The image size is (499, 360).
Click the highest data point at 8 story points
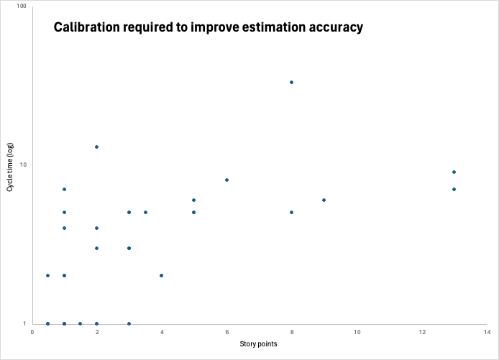tap(291, 82)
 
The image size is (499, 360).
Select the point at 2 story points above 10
tap(96, 147)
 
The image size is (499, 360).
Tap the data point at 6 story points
tap(226, 180)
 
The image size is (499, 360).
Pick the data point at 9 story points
tap(324, 200)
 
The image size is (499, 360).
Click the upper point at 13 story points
tap(454, 172)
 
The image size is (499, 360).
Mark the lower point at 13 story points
tap(454, 189)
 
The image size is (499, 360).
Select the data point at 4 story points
tap(161, 275)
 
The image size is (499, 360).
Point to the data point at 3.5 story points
tap(145, 212)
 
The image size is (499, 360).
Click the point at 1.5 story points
tap(80, 323)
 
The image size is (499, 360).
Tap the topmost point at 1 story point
tap(64, 189)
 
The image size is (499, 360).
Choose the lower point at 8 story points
tap(291, 212)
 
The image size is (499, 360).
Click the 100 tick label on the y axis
tap(22, 6)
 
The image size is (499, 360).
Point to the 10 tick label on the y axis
tap(23, 165)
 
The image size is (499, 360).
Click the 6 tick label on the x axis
tap(226, 332)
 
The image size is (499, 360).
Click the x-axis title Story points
tap(259, 344)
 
